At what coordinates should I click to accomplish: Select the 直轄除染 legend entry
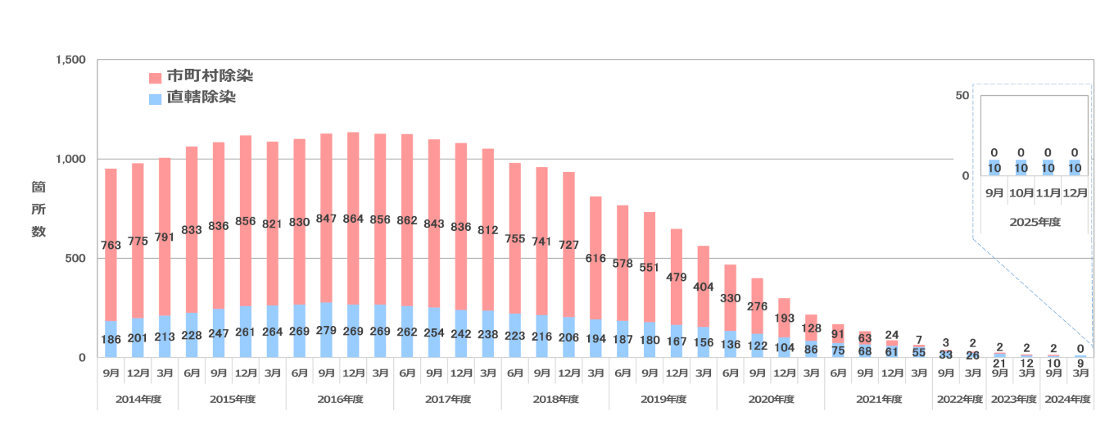tap(201, 97)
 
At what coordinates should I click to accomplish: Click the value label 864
tap(354, 220)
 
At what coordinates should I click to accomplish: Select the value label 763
tap(111, 245)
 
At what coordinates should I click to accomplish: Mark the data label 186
tap(111, 339)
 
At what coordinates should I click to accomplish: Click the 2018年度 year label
tap(555, 400)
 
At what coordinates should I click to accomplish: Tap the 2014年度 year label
tap(138, 400)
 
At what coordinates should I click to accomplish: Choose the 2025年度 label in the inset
tap(1035, 221)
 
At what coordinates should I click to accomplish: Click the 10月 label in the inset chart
tap(1021, 193)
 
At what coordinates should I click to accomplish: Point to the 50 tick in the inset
tap(962, 96)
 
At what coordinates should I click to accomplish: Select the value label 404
tap(704, 287)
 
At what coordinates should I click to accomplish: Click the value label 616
tap(595, 258)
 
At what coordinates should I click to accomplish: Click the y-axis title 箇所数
tap(38, 209)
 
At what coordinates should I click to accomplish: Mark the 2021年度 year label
tap(879, 400)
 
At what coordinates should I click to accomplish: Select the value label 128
tap(811, 328)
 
